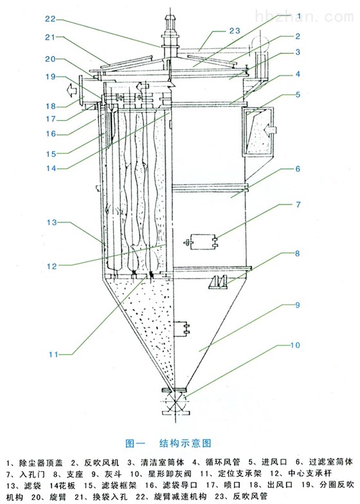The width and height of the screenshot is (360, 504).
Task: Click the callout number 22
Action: click(50, 19)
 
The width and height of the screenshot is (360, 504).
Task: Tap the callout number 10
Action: click(294, 345)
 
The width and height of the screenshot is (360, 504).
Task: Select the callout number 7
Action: click(298, 204)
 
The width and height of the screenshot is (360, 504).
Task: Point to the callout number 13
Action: click(51, 222)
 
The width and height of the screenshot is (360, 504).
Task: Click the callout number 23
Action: click(235, 31)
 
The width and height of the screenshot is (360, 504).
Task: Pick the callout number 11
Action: click(53, 354)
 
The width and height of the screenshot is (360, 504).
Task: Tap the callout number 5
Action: click(298, 94)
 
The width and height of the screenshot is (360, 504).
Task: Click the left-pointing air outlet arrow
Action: click(72, 90)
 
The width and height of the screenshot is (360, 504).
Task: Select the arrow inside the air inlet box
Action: click(270, 130)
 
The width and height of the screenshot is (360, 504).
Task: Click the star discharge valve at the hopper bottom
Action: click(174, 402)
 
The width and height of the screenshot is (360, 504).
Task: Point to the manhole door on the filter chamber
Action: click(201, 242)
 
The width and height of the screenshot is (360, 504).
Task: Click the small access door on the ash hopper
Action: click(182, 328)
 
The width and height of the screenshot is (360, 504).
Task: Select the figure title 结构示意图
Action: click(185, 444)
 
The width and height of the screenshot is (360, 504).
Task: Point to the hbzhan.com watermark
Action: click(303, 16)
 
